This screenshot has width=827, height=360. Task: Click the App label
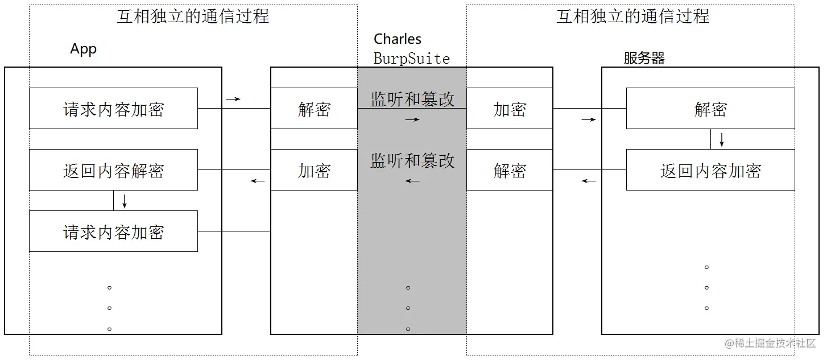tap(84, 49)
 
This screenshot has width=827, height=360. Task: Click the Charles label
tap(398, 39)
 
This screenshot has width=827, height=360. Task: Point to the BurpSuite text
tap(412, 59)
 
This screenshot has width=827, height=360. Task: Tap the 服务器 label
tap(644, 58)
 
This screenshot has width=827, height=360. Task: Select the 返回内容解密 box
tap(113, 170)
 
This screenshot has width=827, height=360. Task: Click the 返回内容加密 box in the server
tap(710, 170)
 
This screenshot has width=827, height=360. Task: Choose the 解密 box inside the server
tap(710, 109)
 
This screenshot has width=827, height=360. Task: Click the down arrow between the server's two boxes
tap(722, 139)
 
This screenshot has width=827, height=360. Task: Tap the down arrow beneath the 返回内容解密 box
tap(125, 201)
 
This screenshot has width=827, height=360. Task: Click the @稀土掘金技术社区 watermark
tap(770, 344)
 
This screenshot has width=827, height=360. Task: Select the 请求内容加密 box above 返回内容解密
tap(113, 109)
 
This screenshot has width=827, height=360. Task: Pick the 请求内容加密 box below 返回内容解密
tap(113, 231)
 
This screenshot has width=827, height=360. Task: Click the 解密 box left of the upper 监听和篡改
tap(314, 109)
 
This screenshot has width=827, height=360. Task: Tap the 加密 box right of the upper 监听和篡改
tap(510, 109)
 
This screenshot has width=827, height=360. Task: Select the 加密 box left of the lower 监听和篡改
tap(314, 170)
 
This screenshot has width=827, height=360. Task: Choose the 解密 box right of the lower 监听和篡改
tap(510, 170)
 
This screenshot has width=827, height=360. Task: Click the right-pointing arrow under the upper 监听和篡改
tap(412, 120)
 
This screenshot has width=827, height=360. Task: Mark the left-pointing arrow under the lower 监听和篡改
tap(412, 181)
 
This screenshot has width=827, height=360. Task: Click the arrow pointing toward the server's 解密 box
tap(588, 120)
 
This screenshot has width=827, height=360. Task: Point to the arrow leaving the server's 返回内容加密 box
tap(588, 181)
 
